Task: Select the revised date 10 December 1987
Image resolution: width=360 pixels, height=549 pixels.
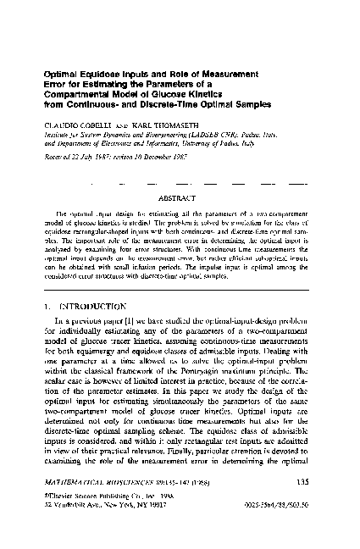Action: pos(170,156)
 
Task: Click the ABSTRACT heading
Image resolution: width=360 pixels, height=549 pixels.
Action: pos(180,201)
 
